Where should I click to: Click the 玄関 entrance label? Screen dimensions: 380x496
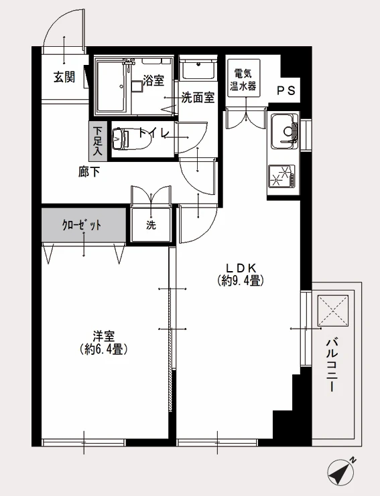tap(64, 77)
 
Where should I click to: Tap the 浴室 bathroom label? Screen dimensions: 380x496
tap(153, 80)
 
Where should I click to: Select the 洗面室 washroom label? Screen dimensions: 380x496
tap(198, 98)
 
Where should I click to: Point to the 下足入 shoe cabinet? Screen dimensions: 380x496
tap(97, 141)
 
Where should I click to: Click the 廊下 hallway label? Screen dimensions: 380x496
tap(89, 172)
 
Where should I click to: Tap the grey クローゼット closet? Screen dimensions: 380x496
tap(84, 225)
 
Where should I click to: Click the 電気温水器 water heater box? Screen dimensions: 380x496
tap(243, 78)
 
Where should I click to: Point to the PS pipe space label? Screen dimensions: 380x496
tap(286, 91)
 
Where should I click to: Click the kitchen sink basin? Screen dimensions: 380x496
tap(284, 130)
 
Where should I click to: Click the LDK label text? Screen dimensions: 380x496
tap(241, 268)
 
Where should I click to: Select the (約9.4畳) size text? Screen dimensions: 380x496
tap(241, 280)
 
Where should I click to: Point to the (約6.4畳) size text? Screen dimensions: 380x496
tap(104, 349)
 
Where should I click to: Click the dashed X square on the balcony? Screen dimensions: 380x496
tap(333, 311)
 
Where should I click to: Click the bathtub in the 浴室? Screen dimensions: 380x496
tap(113, 86)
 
